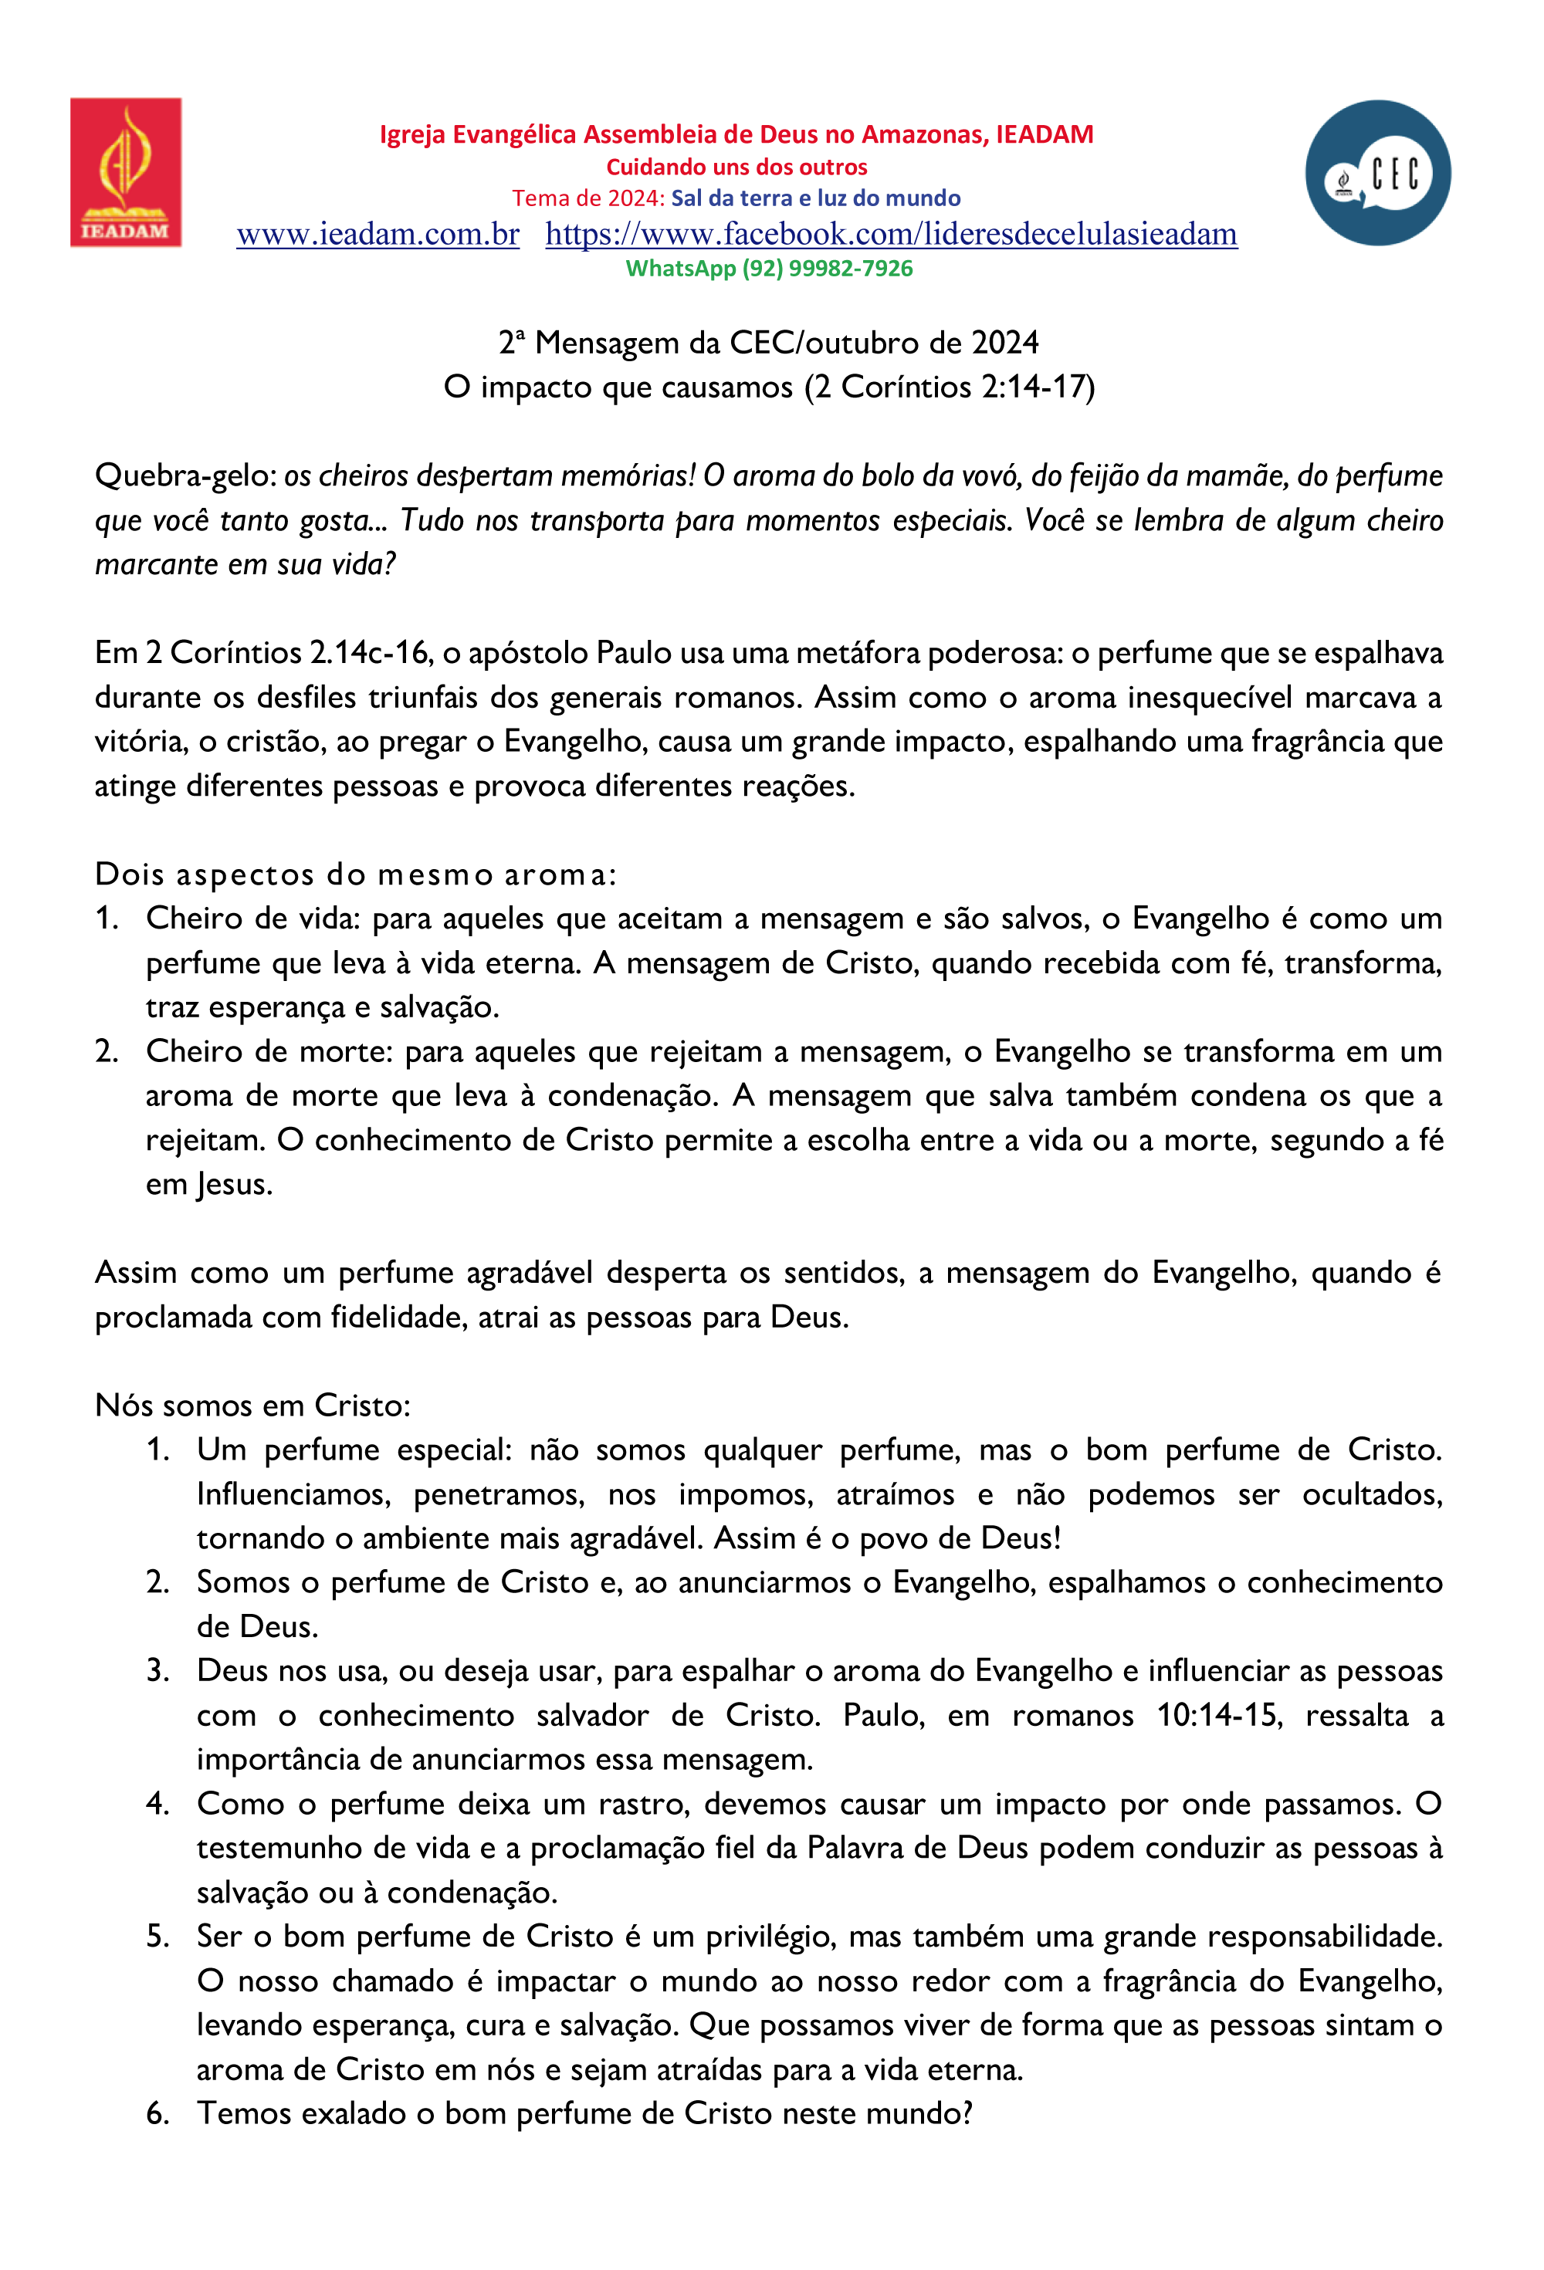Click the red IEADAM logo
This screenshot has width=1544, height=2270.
pyautogui.click(x=125, y=172)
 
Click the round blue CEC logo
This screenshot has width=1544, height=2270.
pyautogui.click(x=1377, y=173)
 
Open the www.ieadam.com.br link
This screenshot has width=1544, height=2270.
pyautogui.click(x=378, y=235)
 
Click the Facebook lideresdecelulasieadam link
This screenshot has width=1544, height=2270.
pyautogui.click(x=890, y=235)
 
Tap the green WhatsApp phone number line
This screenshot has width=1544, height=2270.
pyautogui.click(x=769, y=269)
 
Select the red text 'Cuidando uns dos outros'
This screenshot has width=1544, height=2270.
pyautogui.click(x=736, y=167)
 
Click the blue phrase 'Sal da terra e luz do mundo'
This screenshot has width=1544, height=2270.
pyautogui.click(x=815, y=198)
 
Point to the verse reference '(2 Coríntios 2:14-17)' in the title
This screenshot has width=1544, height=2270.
pyautogui.click(x=949, y=387)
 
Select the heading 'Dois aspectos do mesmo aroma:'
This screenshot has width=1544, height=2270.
pyautogui.click(x=356, y=875)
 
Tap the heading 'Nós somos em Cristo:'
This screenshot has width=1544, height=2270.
pyautogui.click(x=252, y=1406)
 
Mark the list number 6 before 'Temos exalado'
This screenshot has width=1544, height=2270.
pyautogui.click(x=157, y=2114)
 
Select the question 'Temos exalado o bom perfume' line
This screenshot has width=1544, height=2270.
pyautogui.click(x=584, y=2114)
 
